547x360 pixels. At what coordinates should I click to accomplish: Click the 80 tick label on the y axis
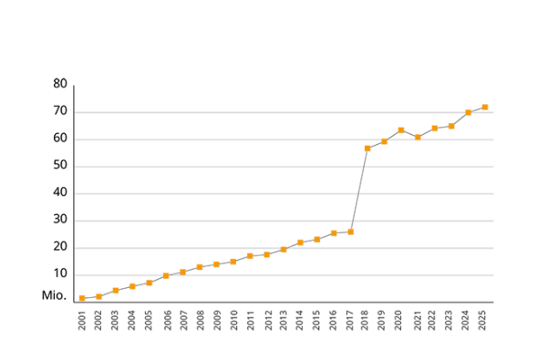60,84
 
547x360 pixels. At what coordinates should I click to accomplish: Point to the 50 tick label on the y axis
60,166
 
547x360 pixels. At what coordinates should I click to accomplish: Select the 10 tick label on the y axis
60,274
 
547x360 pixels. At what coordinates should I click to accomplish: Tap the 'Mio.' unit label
54,295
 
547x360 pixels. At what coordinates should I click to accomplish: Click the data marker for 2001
82,298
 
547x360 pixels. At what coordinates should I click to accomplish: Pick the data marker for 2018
367,148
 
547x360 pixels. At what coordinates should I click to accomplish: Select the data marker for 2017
350,231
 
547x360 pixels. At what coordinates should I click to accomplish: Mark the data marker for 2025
485,107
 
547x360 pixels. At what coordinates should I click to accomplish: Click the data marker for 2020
401,129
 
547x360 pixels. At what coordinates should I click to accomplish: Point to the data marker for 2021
418,138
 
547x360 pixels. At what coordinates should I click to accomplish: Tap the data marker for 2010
233,262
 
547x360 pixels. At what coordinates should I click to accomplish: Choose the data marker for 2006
166,275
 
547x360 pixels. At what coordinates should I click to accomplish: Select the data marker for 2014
300,242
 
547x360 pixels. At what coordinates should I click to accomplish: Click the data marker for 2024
469,112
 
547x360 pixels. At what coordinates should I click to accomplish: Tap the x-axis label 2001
82,321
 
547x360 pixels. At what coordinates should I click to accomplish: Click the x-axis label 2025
485,321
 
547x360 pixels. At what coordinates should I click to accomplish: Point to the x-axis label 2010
233,321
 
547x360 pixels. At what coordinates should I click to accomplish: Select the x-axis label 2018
367,321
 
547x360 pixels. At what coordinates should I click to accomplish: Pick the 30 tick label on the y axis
60,220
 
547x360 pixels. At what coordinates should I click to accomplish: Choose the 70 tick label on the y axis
60,111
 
